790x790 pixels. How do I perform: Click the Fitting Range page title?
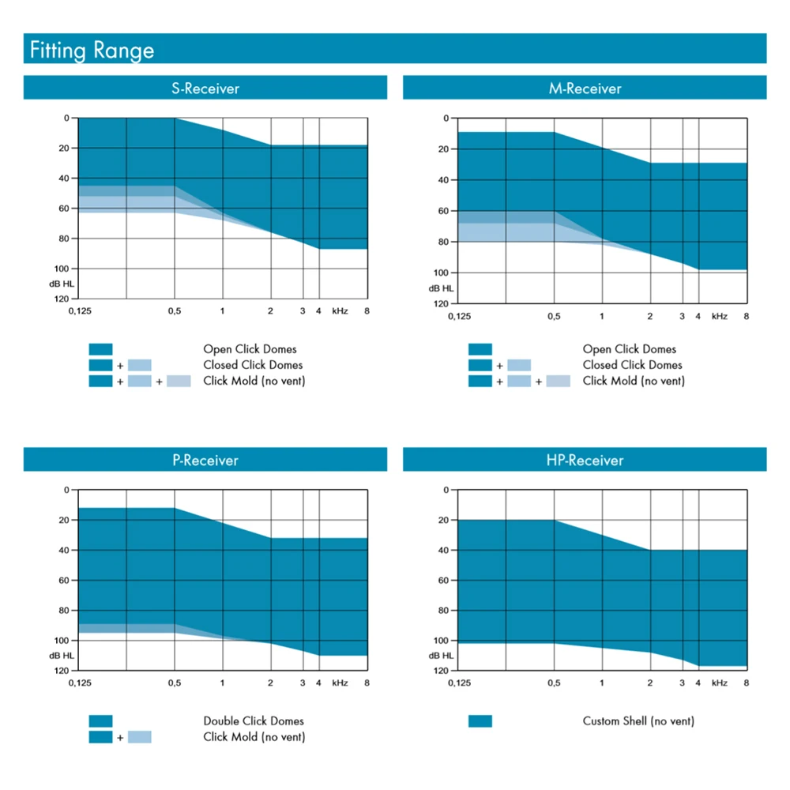pyautogui.click(x=92, y=51)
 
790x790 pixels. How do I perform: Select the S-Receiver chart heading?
pyautogui.click(x=205, y=88)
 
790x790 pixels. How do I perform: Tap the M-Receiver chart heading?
pyautogui.click(x=585, y=88)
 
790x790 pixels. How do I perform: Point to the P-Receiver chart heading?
pyautogui.click(x=205, y=461)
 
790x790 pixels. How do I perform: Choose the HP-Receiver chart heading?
pyautogui.click(x=585, y=461)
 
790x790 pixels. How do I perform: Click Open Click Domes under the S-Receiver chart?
pyautogui.click(x=250, y=349)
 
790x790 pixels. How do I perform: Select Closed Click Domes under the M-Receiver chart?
pyautogui.click(x=632, y=365)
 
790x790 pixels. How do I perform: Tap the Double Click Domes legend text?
pyautogui.click(x=253, y=721)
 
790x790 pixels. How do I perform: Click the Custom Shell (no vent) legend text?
pyautogui.click(x=638, y=721)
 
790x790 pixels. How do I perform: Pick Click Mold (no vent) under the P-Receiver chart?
pyautogui.click(x=254, y=737)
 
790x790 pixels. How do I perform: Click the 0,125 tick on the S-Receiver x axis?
pyautogui.click(x=81, y=311)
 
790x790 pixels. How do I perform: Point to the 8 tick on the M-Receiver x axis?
pyautogui.click(x=746, y=316)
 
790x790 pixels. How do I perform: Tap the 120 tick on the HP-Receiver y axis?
pyautogui.click(x=441, y=671)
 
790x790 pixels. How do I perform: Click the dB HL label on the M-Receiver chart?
pyautogui.click(x=442, y=288)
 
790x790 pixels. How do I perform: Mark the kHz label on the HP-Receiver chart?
pyautogui.click(x=719, y=683)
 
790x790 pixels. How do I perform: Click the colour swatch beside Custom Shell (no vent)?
pyautogui.click(x=480, y=721)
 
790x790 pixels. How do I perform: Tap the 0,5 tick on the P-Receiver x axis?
pyautogui.click(x=175, y=683)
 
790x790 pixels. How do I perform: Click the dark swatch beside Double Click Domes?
pyautogui.click(x=101, y=721)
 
